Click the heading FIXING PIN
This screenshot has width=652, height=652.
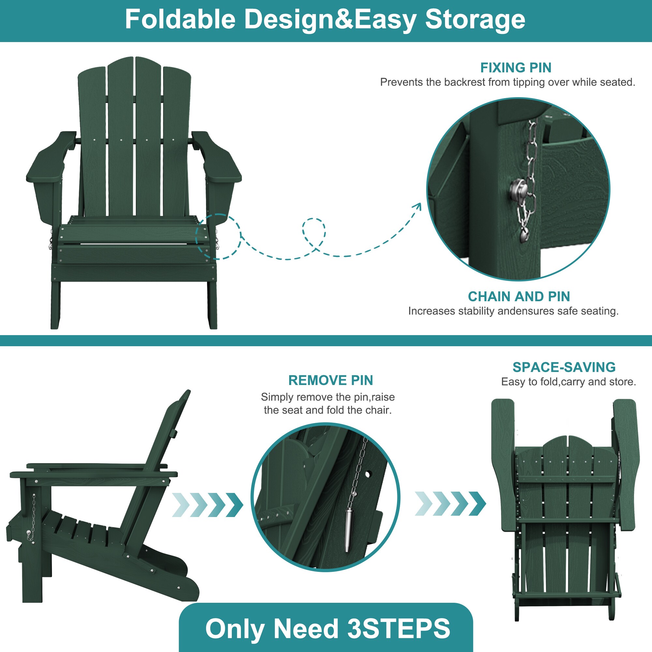point(516,68)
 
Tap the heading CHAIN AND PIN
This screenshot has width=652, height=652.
point(519,297)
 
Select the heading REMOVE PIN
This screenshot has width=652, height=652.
point(331,380)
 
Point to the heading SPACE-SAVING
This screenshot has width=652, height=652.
point(564,367)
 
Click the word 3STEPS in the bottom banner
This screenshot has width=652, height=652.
point(399,629)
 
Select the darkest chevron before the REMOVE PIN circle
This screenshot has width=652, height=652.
point(234,505)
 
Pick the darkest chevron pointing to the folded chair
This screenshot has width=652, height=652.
point(477,504)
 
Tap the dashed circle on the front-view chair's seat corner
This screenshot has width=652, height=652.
point(218,237)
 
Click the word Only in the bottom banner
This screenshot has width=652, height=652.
point(235,629)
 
